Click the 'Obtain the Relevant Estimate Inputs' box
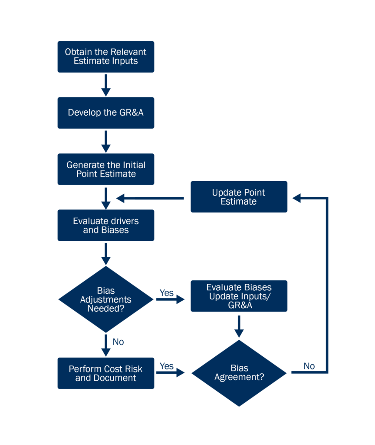[105, 56]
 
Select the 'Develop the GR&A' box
[105, 113]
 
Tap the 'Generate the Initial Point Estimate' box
[105, 169]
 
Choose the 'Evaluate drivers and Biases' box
[105, 225]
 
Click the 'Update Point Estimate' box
[239, 197]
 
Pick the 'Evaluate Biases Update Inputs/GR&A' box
[239, 296]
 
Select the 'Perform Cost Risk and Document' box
[105, 373]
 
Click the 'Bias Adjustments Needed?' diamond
[105, 299]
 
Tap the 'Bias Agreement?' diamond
[239, 373]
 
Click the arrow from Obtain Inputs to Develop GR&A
[105, 85]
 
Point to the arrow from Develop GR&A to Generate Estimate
[105, 141]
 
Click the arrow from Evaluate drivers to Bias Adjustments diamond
[105, 254]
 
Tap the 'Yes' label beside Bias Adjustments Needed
[166, 292]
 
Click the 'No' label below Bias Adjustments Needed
[118, 342]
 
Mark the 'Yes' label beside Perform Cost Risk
[166, 366]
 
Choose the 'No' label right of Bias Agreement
[309, 366]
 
